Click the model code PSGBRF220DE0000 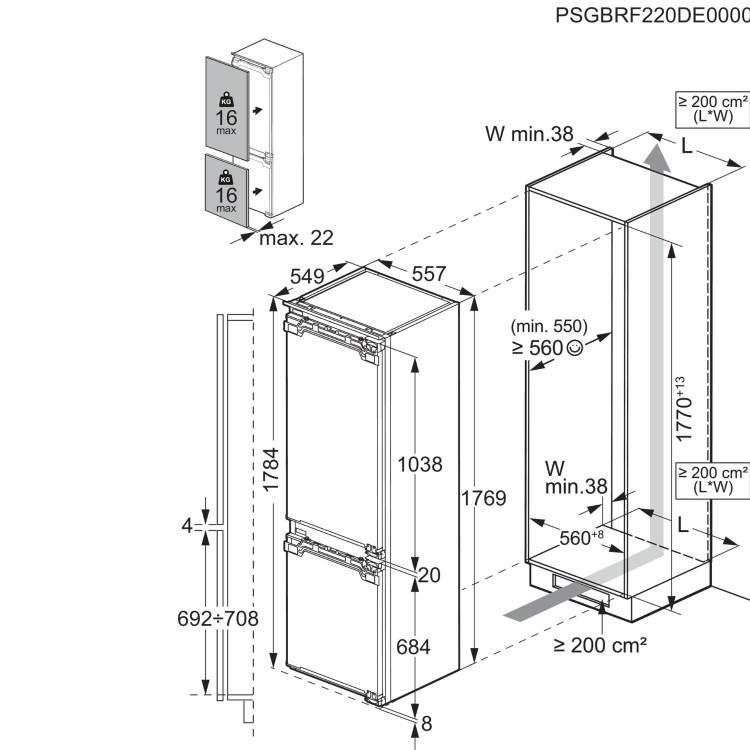coord(651,17)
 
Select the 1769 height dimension coord(485,498)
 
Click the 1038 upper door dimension coord(420,464)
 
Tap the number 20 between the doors coord(430,574)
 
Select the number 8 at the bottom coord(427,723)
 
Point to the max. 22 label coord(296,238)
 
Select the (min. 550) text coord(548,326)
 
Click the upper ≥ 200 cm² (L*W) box coord(713,109)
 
